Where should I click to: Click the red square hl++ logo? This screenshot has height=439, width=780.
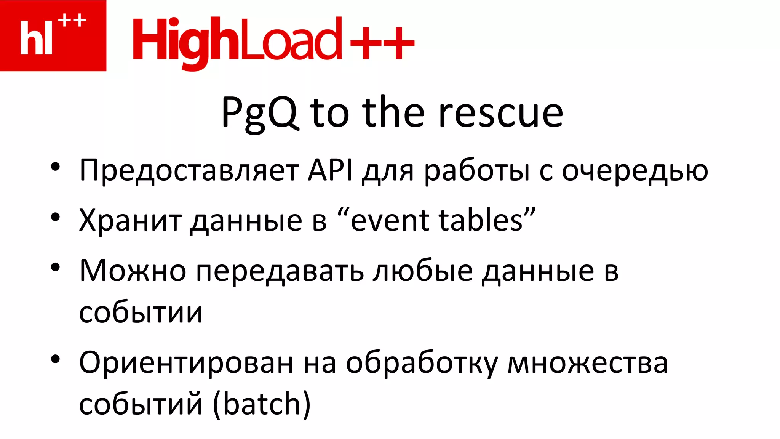(x=53, y=35)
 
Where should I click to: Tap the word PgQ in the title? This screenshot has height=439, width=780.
(x=259, y=113)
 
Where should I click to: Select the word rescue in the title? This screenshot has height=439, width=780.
(x=500, y=113)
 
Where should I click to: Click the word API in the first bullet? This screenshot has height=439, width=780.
(x=330, y=170)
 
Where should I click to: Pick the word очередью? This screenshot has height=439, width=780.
(x=635, y=170)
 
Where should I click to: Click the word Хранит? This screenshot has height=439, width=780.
(x=130, y=220)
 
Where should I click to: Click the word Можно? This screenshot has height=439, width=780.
(x=133, y=270)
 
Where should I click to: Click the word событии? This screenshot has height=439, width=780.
(x=141, y=312)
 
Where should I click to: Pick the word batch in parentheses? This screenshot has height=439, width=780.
(x=262, y=404)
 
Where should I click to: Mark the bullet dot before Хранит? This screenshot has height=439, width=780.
(x=56, y=217)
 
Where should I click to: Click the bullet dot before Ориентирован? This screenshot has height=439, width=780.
(x=56, y=359)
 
